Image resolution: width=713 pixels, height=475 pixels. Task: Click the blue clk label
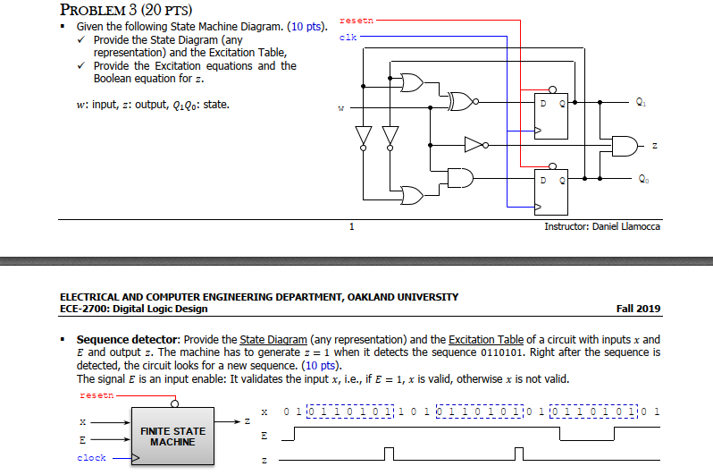(348, 38)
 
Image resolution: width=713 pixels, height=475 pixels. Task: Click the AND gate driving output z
(623, 144)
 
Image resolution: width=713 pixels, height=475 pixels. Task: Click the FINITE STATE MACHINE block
(172, 437)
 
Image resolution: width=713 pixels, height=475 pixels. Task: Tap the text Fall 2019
(638, 309)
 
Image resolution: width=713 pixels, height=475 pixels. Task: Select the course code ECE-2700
(81, 309)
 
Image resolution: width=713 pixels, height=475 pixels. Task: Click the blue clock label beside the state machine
(92, 458)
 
